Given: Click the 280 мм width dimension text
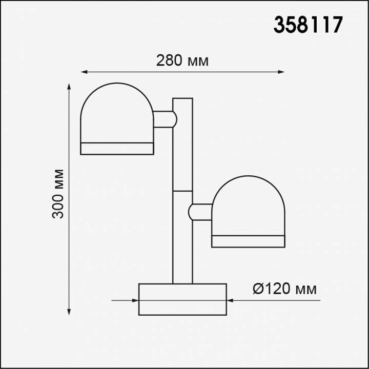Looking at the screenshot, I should (x=182, y=60).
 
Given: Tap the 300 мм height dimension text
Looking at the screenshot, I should (x=59, y=193).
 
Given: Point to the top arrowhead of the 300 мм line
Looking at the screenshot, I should (x=69, y=87).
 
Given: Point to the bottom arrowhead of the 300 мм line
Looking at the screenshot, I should (x=69, y=311).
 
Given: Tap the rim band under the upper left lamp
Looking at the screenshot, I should (x=117, y=149).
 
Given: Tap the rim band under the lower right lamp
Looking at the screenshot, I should (x=248, y=241).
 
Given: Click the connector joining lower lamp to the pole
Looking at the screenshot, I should (x=200, y=212).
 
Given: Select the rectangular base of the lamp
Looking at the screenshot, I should (x=182, y=299).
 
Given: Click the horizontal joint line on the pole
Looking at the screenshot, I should (x=182, y=191).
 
